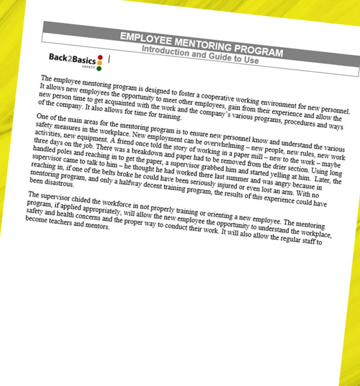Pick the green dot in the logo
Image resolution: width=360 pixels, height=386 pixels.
pyautogui.click(x=99, y=68)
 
